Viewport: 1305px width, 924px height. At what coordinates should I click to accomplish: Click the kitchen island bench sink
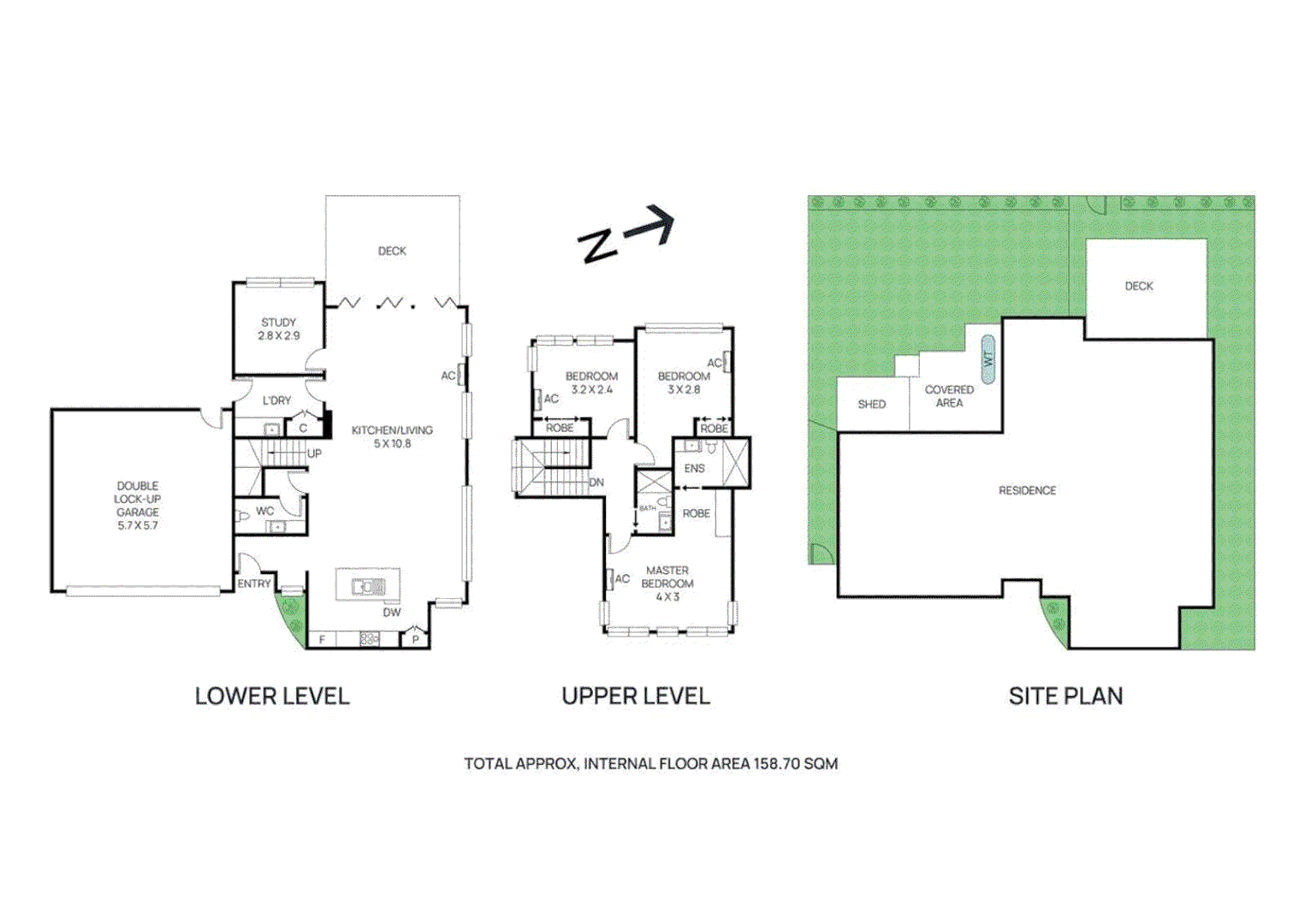click(368, 586)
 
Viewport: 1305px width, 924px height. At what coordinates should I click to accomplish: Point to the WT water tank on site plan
click(988, 358)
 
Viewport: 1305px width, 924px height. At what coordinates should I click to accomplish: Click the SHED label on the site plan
click(871, 404)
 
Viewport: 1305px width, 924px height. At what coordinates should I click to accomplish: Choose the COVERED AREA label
click(949, 396)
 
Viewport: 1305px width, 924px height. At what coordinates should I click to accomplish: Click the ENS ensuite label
click(694, 468)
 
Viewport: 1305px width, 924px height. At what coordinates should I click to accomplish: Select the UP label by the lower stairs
click(314, 453)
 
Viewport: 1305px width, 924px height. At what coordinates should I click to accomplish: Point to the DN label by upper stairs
click(596, 483)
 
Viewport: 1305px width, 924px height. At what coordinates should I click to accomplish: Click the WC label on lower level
click(265, 511)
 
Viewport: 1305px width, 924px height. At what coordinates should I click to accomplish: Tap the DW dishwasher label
click(391, 613)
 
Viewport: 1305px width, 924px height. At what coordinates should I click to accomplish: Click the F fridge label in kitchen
click(323, 639)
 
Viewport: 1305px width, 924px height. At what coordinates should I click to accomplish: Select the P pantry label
click(416, 639)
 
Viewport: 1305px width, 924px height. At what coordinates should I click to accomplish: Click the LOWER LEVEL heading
click(272, 696)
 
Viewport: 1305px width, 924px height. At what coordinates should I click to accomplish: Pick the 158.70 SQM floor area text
click(795, 763)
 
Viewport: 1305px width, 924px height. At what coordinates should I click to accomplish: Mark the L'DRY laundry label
click(276, 400)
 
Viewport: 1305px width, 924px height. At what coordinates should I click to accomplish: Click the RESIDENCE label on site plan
click(1027, 490)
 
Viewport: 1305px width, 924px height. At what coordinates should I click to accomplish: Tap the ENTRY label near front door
click(254, 583)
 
